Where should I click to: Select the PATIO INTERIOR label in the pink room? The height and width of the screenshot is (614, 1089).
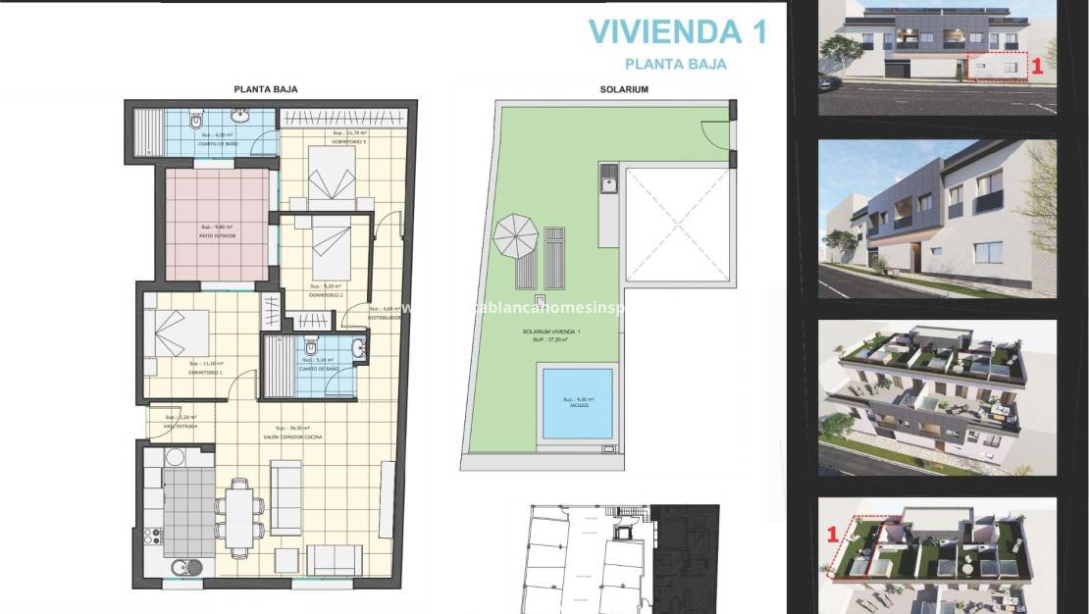218,232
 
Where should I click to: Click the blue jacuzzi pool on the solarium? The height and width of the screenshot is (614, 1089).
575,402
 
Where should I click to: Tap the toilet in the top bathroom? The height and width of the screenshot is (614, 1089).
196,122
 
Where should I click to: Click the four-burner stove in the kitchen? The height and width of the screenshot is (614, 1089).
154,537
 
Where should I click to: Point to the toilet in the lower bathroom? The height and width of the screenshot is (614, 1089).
310,347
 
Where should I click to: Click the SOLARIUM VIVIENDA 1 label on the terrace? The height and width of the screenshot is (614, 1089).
551,334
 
